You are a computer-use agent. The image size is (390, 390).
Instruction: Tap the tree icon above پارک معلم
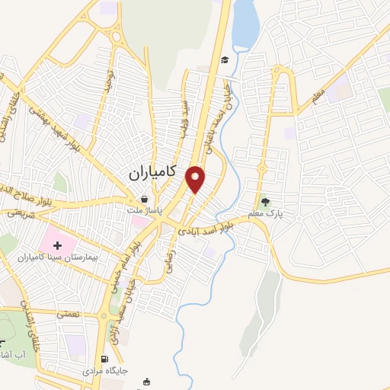click(265, 202)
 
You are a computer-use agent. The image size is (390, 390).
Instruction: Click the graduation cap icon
click(225, 59)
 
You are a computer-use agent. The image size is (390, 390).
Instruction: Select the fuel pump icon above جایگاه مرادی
click(104, 359)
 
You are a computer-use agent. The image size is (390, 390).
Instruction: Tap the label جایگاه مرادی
click(107, 371)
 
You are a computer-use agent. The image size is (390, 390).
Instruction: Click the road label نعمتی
click(66, 313)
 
